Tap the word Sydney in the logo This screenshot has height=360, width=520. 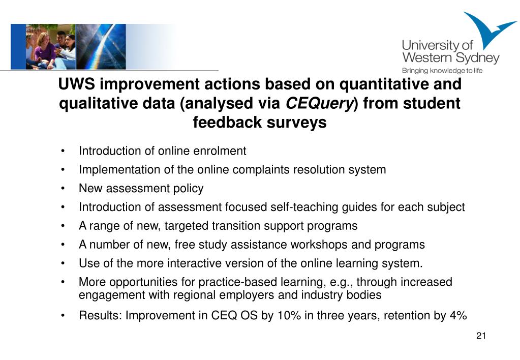477,58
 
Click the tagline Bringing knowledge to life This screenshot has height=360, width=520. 442,71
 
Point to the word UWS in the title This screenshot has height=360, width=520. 77,83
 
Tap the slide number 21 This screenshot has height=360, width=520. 481,336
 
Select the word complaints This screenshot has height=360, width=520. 261,170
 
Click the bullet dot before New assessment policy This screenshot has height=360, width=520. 63,189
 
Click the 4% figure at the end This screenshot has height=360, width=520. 458,316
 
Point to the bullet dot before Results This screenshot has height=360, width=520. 63,316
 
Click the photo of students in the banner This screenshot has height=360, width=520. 51,47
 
